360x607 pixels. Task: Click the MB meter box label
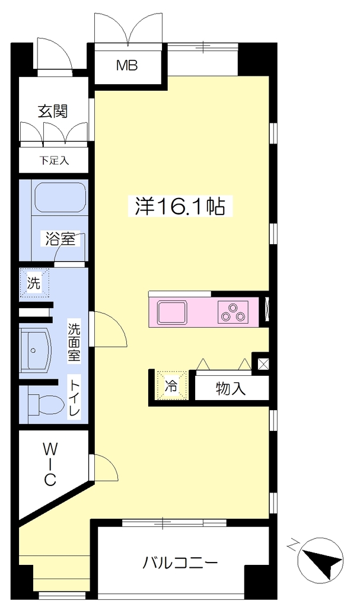point(127,66)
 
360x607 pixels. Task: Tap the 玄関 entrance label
point(53,111)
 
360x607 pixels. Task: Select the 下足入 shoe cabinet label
point(54,160)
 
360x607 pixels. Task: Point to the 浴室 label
point(60,238)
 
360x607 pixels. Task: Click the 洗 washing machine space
point(34,283)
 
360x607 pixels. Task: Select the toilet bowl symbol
point(46,404)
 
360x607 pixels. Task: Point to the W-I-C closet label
point(50,465)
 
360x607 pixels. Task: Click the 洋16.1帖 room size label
point(180,206)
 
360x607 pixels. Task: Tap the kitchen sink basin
point(171,313)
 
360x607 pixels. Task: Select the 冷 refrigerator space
point(171,385)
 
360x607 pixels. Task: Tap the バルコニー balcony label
point(180,562)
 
